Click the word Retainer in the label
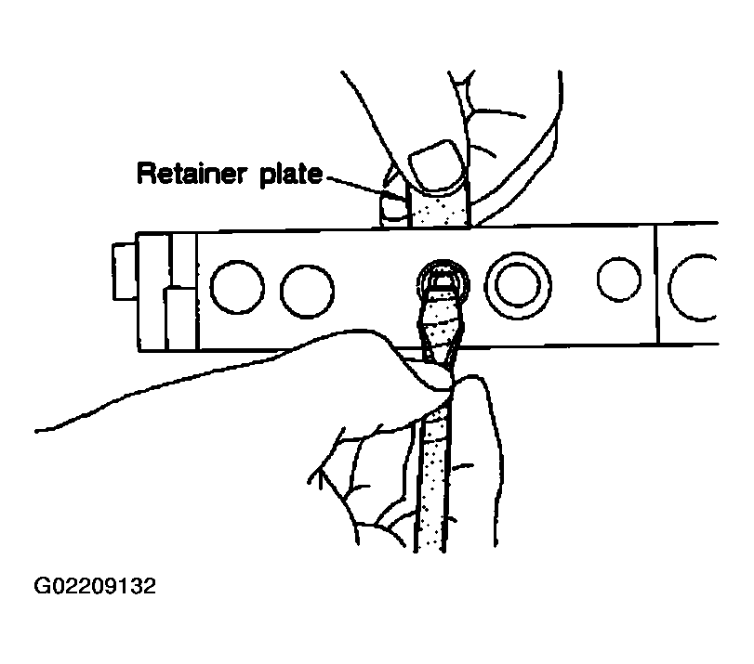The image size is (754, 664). click(192, 174)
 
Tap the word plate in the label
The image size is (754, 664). click(291, 175)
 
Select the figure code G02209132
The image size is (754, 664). click(95, 586)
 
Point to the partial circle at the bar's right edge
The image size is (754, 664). click(669, 287)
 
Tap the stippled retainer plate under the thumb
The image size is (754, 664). click(438, 208)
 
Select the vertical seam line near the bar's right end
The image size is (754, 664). click(656, 284)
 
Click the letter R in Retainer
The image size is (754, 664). click(147, 174)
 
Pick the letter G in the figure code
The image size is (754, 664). click(42, 586)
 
